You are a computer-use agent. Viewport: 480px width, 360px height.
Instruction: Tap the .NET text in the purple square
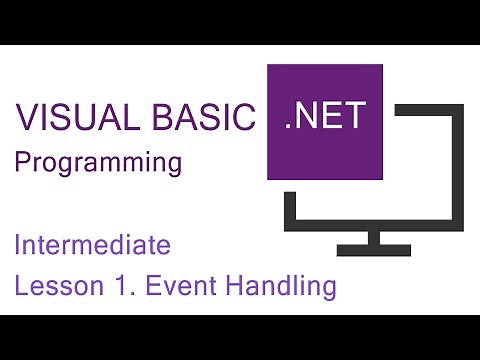(x=326, y=121)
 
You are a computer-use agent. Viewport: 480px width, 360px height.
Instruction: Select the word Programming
(x=98, y=163)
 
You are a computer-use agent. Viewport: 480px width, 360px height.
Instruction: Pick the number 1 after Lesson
(x=112, y=287)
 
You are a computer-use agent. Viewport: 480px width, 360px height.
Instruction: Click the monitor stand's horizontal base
(x=373, y=247)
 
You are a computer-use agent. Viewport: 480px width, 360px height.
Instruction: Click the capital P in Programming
(x=21, y=163)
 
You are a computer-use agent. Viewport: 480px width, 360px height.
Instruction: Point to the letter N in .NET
(x=306, y=121)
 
